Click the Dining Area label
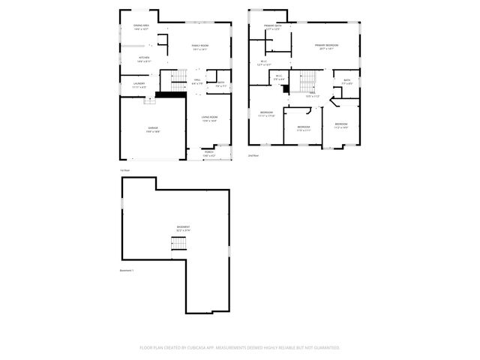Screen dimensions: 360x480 click(x=142, y=27)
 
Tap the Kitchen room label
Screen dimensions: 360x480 click(x=143, y=58)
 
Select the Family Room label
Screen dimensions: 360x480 click(x=199, y=46)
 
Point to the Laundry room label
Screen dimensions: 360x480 click(x=139, y=85)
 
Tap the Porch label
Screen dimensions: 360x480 click(x=208, y=153)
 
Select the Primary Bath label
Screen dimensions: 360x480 click(x=272, y=27)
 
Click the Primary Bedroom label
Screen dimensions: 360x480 click(x=326, y=46)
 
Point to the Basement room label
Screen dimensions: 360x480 click(x=183, y=228)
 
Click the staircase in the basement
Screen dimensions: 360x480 click(x=178, y=244)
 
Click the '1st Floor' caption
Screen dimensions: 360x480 click(x=125, y=170)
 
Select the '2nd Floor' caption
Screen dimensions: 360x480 click(x=253, y=155)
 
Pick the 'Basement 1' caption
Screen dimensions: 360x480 click(x=127, y=270)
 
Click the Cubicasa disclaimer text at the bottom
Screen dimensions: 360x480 click(x=240, y=348)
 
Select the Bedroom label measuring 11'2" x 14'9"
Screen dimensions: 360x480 click(x=341, y=125)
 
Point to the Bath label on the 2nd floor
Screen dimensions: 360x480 click(x=346, y=82)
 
